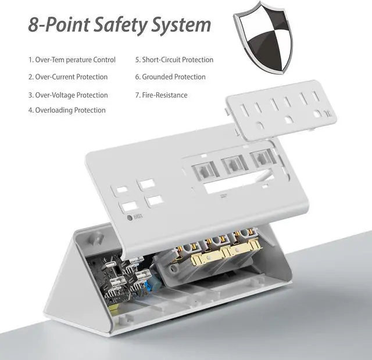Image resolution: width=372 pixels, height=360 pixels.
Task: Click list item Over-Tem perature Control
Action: (72, 60)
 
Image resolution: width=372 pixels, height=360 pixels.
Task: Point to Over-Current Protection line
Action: (68, 77)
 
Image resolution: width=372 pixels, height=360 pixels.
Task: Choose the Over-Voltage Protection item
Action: (68, 95)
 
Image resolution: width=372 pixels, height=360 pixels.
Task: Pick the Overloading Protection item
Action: (67, 110)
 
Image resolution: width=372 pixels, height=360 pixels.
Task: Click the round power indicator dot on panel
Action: (130, 218)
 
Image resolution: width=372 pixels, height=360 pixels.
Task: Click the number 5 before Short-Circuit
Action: (137, 60)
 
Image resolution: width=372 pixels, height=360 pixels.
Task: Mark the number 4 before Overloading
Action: (30, 110)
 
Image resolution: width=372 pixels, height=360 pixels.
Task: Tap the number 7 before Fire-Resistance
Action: (137, 95)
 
